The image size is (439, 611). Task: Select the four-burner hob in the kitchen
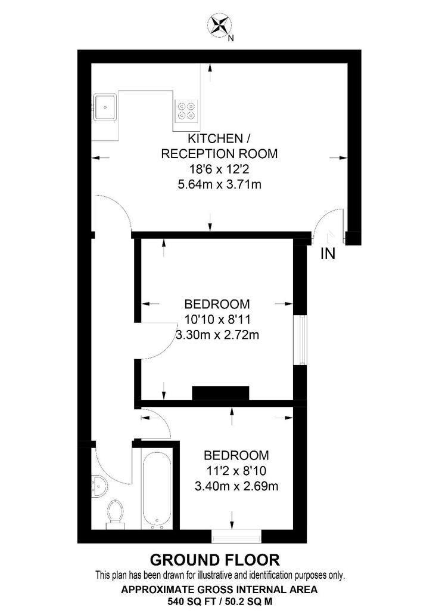click(186, 110)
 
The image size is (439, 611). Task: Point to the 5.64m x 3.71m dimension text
click(219, 184)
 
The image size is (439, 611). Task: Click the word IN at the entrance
click(328, 254)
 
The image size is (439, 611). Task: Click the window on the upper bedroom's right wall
click(300, 340)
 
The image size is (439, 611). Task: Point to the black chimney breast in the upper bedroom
click(220, 393)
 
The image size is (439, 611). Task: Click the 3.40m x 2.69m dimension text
click(236, 486)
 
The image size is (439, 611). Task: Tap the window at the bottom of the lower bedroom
click(236, 536)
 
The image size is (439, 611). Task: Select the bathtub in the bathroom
click(156, 487)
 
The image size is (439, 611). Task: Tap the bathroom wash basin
click(99, 486)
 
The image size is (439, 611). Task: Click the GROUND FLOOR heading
click(214, 560)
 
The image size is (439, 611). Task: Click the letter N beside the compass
click(231, 38)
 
